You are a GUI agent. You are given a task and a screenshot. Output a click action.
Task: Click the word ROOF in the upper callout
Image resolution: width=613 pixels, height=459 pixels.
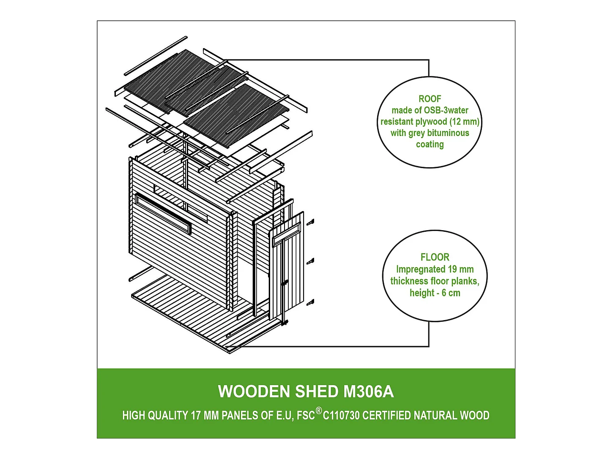coord(430,99)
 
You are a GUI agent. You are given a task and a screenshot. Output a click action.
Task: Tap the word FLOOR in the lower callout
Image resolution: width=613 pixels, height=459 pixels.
coord(435,257)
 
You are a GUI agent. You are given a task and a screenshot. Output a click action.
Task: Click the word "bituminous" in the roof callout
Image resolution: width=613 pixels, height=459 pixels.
coord(448,133)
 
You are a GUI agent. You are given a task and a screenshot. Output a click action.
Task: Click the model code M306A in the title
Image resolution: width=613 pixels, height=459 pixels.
coord(368,392)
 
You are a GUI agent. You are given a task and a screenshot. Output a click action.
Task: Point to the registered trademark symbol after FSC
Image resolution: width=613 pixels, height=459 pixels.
coord(319,411)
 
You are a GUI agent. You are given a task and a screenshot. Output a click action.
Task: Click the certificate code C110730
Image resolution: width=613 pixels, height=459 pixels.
coord(341,416)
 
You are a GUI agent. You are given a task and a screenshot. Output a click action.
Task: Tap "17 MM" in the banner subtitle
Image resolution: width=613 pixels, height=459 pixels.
coord(205,416)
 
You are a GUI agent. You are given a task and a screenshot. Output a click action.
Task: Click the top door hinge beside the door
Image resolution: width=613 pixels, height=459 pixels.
coord(312,222)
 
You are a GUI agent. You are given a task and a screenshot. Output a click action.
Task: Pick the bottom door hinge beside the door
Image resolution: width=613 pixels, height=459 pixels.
coord(311,303)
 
